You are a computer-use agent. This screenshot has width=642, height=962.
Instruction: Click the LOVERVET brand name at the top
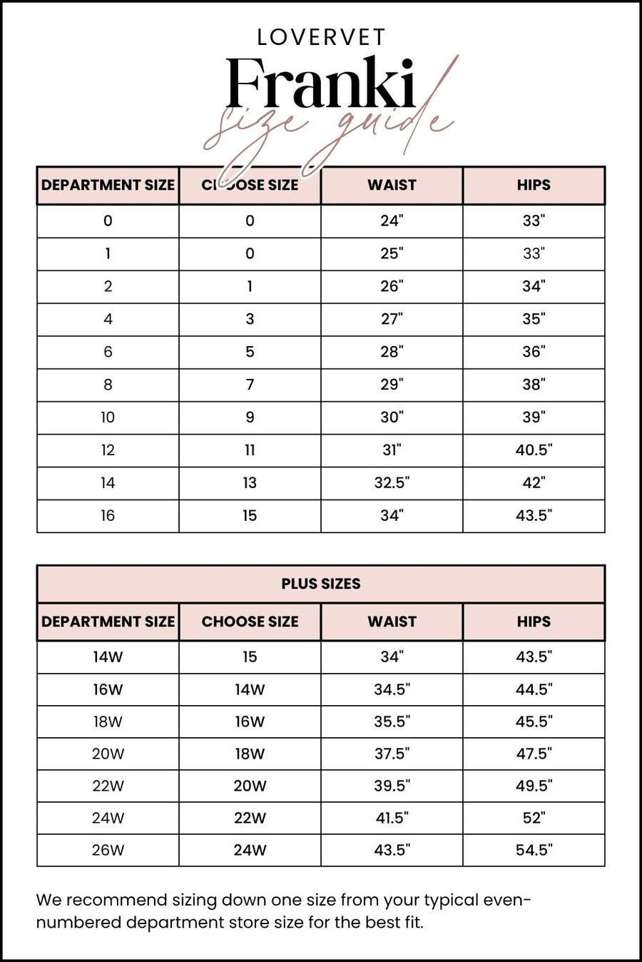pyautogui.click(x=321, y=37)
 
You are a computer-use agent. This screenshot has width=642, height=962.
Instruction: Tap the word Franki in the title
pyautogui.click(x=320, y=84)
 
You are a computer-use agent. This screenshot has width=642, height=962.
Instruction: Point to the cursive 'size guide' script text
pyautogui.click(x=328, y=128)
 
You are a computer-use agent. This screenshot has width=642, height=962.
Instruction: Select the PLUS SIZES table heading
pyautogui.click(x=320, y=584)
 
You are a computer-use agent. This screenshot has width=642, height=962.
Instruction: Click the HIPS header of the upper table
pyautogui.click(x=534, y=185)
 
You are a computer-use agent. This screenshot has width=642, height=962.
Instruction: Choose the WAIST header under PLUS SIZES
pyautogui.click(x=392, y=622)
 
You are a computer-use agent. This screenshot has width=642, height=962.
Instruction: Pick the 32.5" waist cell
pyautogui.click(x=392, y=483)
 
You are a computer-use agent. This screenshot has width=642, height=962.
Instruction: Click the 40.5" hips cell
pyautogui.click(x=534, y=450)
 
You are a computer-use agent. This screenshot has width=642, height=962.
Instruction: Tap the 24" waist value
pyautogui.click(x=392, y=221)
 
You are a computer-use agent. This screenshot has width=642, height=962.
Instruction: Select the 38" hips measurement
pyautogui.click(x=534, y=385)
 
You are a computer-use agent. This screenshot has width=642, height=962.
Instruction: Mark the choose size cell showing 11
pyautogui.click(x=250, y=450)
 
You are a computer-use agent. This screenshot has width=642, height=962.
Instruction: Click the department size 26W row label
pyautogui.click(x=108, y=850)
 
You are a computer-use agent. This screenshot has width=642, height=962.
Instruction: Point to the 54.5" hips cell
pyautogui.click(x=534, y=850)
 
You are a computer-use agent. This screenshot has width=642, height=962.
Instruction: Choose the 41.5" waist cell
pyautogui.click(x=392, y=818)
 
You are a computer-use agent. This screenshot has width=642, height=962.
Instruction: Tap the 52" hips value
pyautogui.click(x=534, y=818)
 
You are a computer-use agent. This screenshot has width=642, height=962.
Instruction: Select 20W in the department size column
pyautogui.click(x=108, y=754)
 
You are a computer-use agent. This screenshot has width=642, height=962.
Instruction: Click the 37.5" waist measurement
pyautogui.click(x=392, y=754)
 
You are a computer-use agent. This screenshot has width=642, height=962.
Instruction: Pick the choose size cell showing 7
pyautogui.click(x=250, y=385)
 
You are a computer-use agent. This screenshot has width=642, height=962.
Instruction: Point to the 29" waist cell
pyautogui.click(x=392, y=385)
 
